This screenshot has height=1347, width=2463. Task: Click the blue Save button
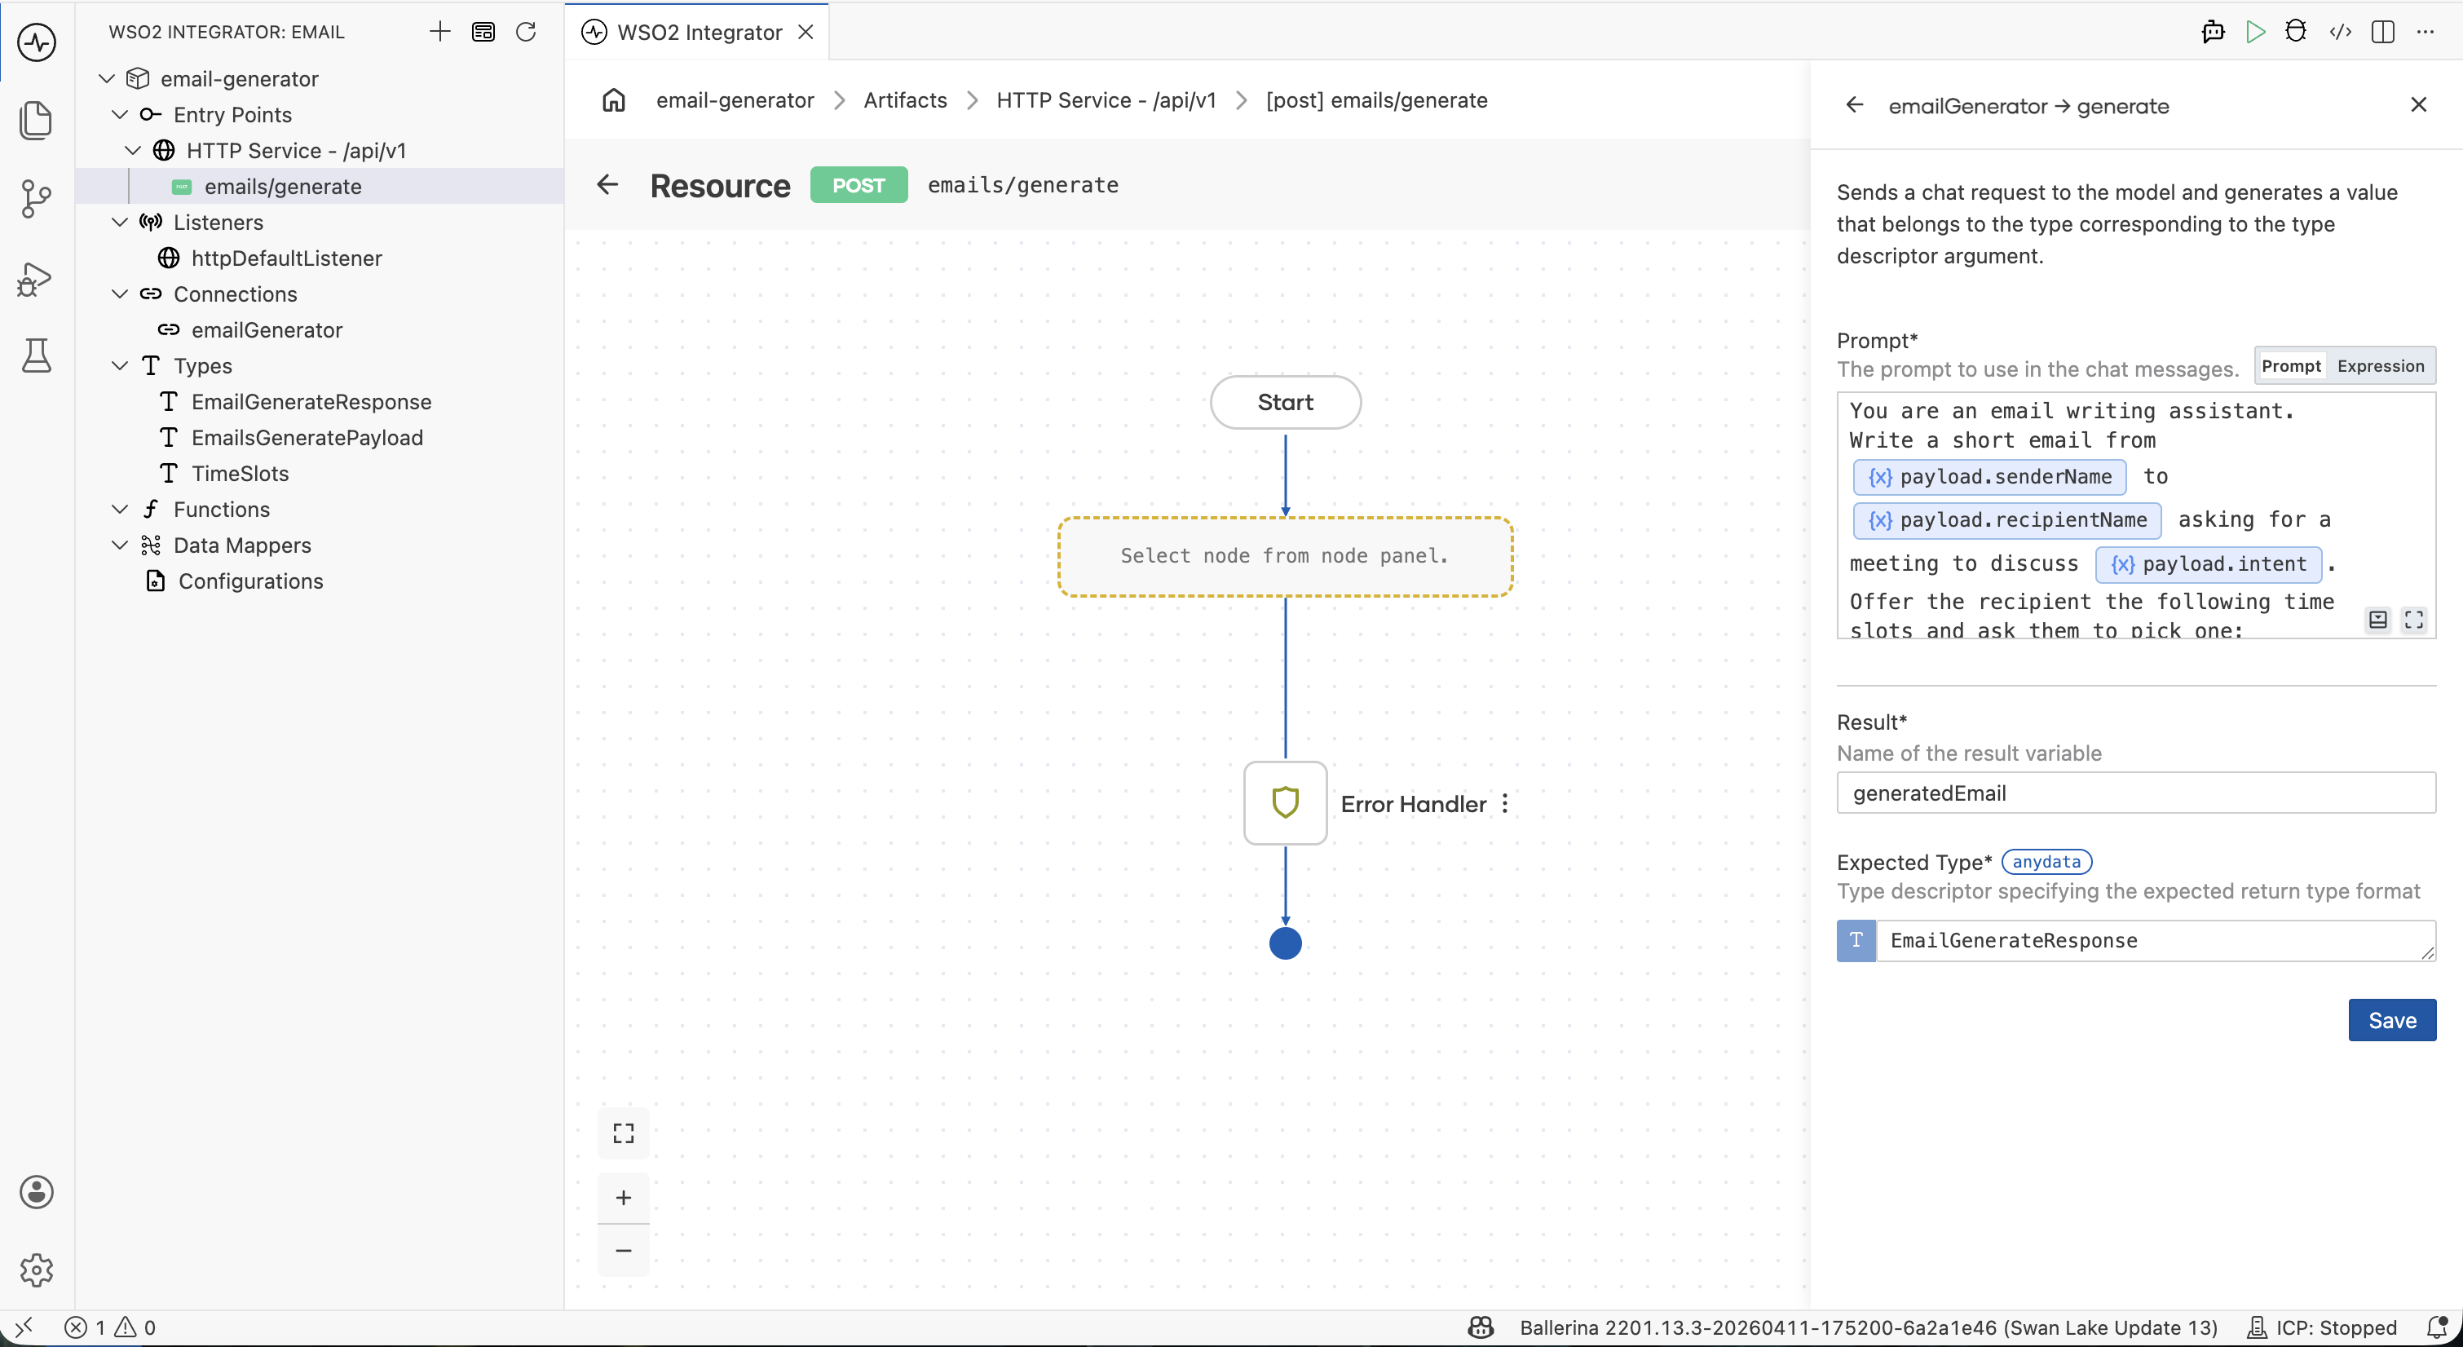coord(2391,1020)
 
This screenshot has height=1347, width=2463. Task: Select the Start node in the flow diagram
coord(1285,403)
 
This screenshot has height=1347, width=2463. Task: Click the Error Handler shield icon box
coord(1285,803)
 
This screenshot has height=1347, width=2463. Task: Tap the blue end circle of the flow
coord(1285,943)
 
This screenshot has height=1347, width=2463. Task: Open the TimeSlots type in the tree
coord(240,473)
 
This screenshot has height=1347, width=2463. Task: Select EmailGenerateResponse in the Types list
coord(311,401)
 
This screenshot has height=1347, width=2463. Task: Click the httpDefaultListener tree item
coord(286,258)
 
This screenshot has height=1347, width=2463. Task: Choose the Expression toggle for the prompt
coord(2380,366)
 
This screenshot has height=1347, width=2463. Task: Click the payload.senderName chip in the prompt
coord(1989,477)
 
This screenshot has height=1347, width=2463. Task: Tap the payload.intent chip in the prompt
coord(2209,564)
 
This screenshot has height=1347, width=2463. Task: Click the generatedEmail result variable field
coord(2135,793)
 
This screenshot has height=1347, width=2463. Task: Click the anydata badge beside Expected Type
coord(2046,861)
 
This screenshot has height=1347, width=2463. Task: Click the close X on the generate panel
coord(2418,105)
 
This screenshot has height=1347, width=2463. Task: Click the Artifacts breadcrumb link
coord(904,100)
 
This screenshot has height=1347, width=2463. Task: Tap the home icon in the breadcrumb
coord(614,100)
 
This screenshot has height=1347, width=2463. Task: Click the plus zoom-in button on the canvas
coord(624,1198)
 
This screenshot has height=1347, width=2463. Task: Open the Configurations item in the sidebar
coord(250,581)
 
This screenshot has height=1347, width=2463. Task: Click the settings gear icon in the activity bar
coord(37,1270)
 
